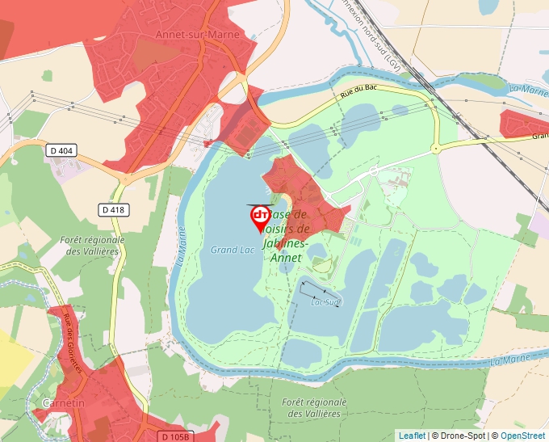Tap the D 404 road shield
(61, 150)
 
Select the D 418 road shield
(114, 209)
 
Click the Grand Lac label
(233, 250)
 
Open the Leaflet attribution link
(412, 436)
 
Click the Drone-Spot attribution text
(459, 436)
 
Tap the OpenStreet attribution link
(524, 436)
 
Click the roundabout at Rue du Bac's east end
(435, 148)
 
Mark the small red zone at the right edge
(525, 124)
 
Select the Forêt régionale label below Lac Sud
(315, 407)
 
